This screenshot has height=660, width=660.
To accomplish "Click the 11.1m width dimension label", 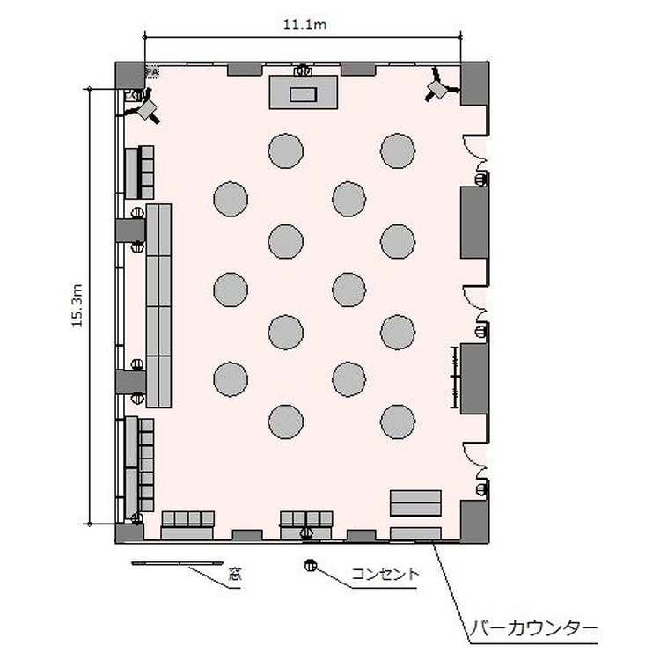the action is pyautogui.click(x=304, y=25).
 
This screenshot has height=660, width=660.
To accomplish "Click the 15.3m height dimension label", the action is pyautogui.click(x=77, y=305).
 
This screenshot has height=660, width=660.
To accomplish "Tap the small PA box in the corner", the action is pyautogui.click(x=152, y=72).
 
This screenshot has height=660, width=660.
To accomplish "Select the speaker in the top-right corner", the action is pyautogui.click(x=440, y=85).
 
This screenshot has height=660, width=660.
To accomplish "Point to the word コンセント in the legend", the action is pyautogui.click(x=385, y=574).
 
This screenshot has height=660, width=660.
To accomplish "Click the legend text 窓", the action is pyautogui.click(x=235, y=574).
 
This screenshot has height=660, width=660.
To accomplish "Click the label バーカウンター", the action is pyautogui.click(x=534, y=629).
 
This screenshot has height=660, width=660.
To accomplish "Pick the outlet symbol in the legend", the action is pyautogui.click(x=311, y=565).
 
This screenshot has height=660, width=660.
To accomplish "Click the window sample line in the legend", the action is pyautogui.click(x=177, y=563).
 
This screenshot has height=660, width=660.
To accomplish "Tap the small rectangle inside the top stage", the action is pyautogui.click(x=303, y=94).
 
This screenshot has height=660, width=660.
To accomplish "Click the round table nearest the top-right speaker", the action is pyautogui.click(x=398, y=150).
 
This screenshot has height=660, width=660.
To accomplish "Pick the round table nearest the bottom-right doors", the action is pyautogui.click(x=398, y=422).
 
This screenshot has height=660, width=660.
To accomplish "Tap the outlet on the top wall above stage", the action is pyautogui.click(x=303, y=70).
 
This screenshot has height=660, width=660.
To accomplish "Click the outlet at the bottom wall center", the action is pyautogui.click(x=307, y=533).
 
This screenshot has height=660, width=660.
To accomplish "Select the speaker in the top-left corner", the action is pyautogui.click(x=145, y=108).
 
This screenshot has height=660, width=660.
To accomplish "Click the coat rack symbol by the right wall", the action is pyautogui.click(x=455, y=378).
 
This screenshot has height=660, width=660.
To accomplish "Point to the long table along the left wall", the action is pyautogui.click(x=158, y=305).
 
